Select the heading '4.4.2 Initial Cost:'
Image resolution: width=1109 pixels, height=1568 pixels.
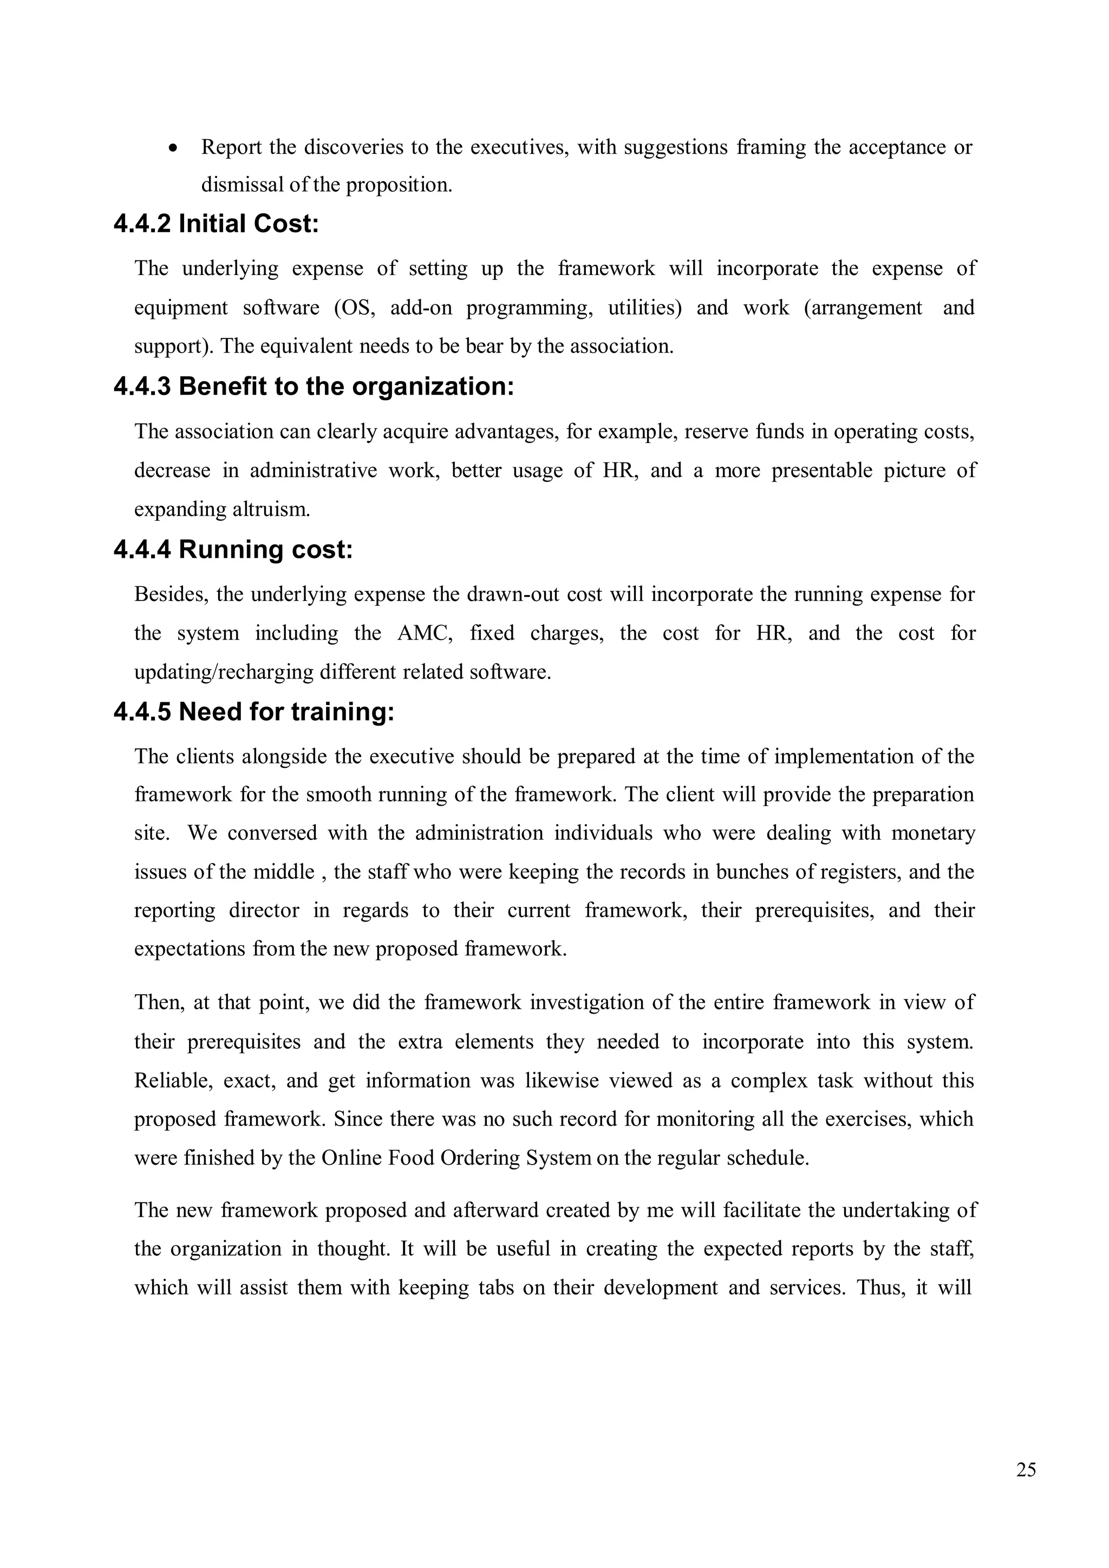pyautogui.click(x=216, y=224)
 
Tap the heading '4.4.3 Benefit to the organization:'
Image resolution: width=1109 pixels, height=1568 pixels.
pyautogui.click(x=314, y=387)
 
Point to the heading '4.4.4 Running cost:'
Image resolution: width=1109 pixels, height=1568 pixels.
pyautogui.click(x=233, y=549)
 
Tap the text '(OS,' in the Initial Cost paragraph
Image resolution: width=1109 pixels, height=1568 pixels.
pyautogui.click(x=355, y=308)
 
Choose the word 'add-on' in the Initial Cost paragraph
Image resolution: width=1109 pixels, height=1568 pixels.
pyautogui.click(x=421, y=308)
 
